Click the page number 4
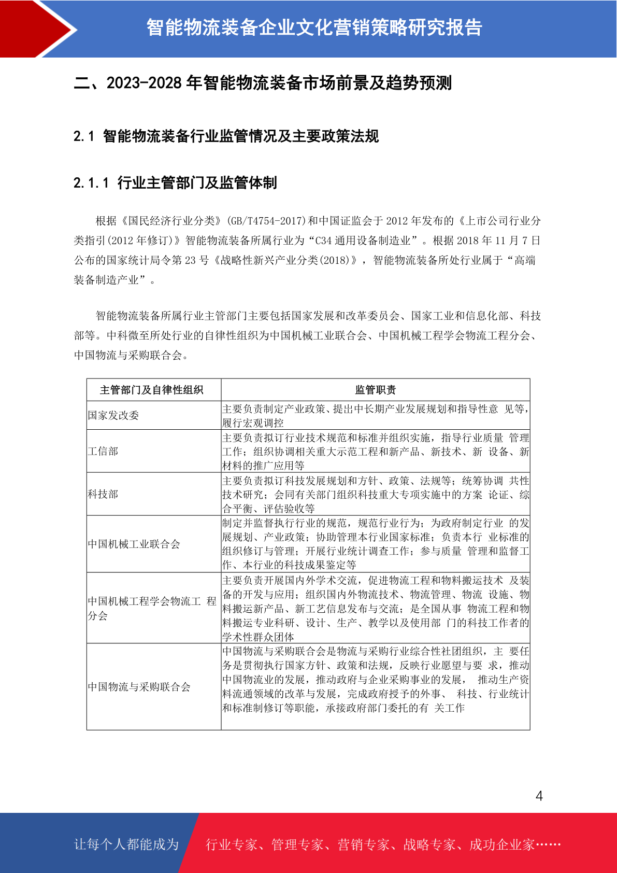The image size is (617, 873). [539, 796]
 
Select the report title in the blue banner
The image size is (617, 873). [314, 27]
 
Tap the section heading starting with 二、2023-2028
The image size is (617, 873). [263, 83]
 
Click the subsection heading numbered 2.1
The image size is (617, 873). [226, 136]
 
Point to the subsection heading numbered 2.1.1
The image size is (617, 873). [175, 182]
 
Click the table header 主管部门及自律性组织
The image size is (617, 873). [152, 390]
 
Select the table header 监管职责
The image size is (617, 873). [375, 390]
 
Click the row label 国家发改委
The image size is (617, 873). [113, 415]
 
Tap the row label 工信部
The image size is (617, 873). [103, 451]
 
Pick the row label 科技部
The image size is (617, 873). [103, 494]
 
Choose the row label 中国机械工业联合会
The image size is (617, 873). [134, 544]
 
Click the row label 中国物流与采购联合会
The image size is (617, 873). [139, 687]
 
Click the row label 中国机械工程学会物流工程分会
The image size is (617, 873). [151, 608]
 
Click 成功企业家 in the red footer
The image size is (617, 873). [501, 844]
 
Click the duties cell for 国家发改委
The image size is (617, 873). [375, 416]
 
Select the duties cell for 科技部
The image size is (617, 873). [375, 495]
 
